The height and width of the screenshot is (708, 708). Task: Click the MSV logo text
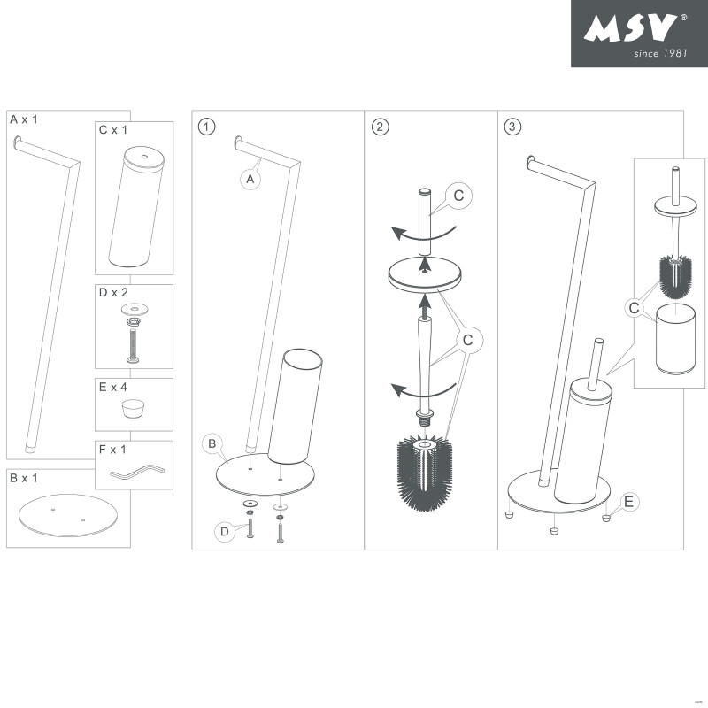coord(631,28)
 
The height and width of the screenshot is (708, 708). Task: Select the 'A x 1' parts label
coord(24,119)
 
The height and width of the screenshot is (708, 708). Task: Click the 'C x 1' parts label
coord(114,130)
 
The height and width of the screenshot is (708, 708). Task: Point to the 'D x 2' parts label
coord(114,292)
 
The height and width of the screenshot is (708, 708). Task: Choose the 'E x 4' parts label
coord(114,386)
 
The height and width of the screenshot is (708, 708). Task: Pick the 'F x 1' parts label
coord(113,450)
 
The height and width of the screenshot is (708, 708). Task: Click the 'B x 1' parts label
coord(24,478)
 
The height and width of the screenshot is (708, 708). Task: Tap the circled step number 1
coord(206,126)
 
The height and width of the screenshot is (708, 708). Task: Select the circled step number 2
coord(381,126)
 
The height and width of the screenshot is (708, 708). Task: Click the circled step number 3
coord(512,126)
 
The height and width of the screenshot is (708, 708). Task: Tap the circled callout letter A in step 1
coord(250,179)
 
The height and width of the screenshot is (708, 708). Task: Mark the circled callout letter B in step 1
coord(212,442)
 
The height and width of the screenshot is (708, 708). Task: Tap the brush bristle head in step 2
coord(427,469)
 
